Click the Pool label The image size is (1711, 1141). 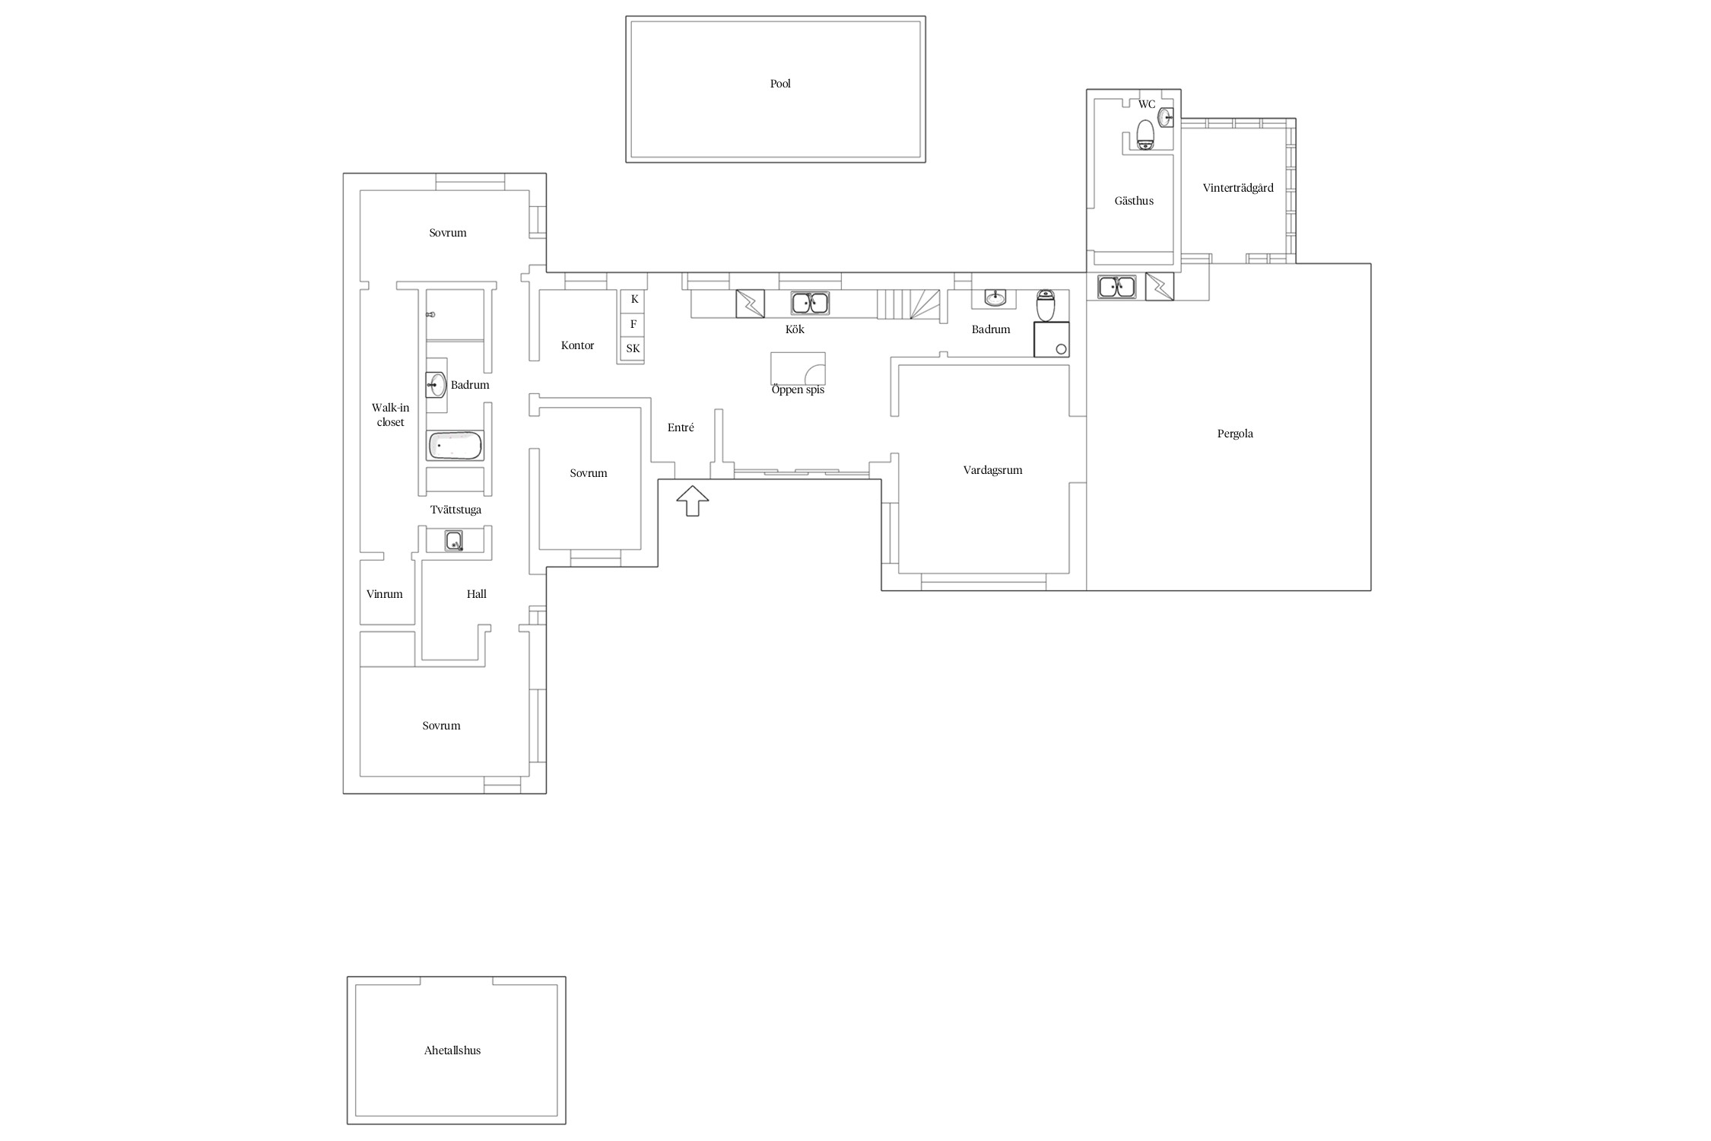click(x=780, y=84)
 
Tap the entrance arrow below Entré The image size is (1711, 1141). click(x=692, y=501)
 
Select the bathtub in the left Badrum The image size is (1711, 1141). click(x=455, y=446)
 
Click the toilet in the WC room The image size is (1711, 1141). click(x=1145, y=135)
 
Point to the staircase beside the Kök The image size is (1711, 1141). click(x=909, y=304)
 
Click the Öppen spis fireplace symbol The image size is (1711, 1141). click(x=798, y=368)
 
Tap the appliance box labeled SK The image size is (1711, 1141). click(x=633, y=349)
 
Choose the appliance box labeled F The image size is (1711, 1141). click(x=633, y=325)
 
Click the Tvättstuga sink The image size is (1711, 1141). click(x=454, y=541)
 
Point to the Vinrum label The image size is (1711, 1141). click(x=385, y=594)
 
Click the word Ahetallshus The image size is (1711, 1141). click(x=452, y=1050)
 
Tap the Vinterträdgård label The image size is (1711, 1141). click(x=1238, y=188)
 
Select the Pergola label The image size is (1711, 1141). click(x=1235, y=434)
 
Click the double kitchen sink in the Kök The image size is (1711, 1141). click(x=810, y=304)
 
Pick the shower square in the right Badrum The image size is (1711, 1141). click(x=1052, y=339)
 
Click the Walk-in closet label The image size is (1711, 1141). click(x=390, y=415)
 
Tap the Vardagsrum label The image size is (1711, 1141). click(x=992, y=470)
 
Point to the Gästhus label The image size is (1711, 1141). click(x=1134, y=201)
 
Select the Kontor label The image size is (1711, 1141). click(x=577, y=345)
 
